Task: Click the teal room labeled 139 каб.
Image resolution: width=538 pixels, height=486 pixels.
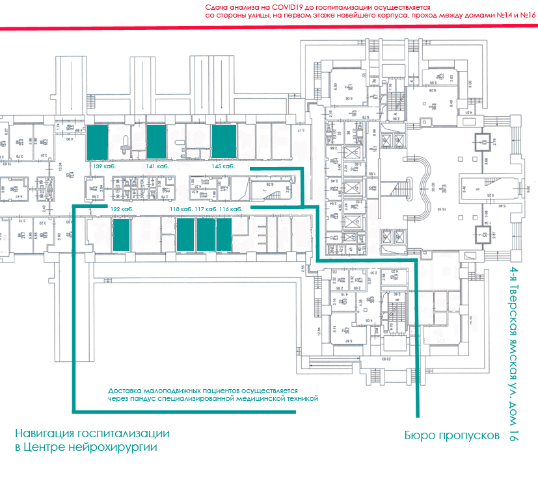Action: coord(98,142)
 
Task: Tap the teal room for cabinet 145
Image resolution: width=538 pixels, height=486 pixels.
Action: coord(224,142)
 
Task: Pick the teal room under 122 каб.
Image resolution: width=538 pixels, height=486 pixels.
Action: coord(122,235)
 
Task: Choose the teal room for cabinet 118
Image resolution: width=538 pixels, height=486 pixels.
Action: coord(185,235)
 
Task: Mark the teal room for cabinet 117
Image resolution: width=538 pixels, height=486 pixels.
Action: coord(206,235)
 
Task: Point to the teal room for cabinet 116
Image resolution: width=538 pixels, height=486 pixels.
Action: coord(224,235)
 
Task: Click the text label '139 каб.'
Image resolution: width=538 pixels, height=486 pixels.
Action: coord(105,167)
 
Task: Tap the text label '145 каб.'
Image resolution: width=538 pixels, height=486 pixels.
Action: coord(222,167)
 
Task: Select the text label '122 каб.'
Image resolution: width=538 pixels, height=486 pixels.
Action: coord(122,210)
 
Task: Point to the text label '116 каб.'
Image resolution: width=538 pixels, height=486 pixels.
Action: coord(232,210)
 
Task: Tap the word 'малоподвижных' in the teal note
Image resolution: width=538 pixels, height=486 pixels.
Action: coord(165,390)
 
